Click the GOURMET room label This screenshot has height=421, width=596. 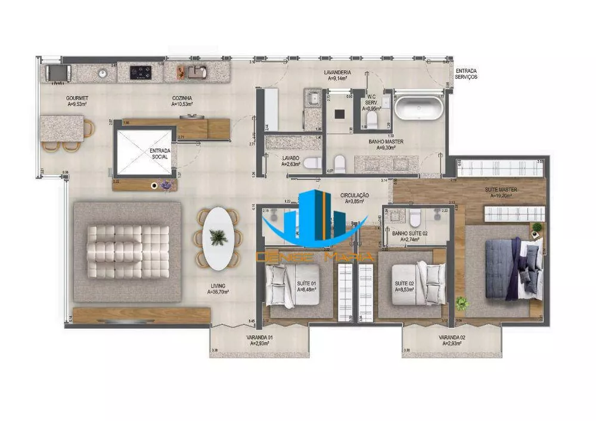point(78,101)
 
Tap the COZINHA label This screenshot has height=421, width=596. point(181,101)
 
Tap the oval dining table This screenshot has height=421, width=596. point(217,238)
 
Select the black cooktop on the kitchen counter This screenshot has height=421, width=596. point(141,72)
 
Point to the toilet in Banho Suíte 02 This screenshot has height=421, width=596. point(415,218)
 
